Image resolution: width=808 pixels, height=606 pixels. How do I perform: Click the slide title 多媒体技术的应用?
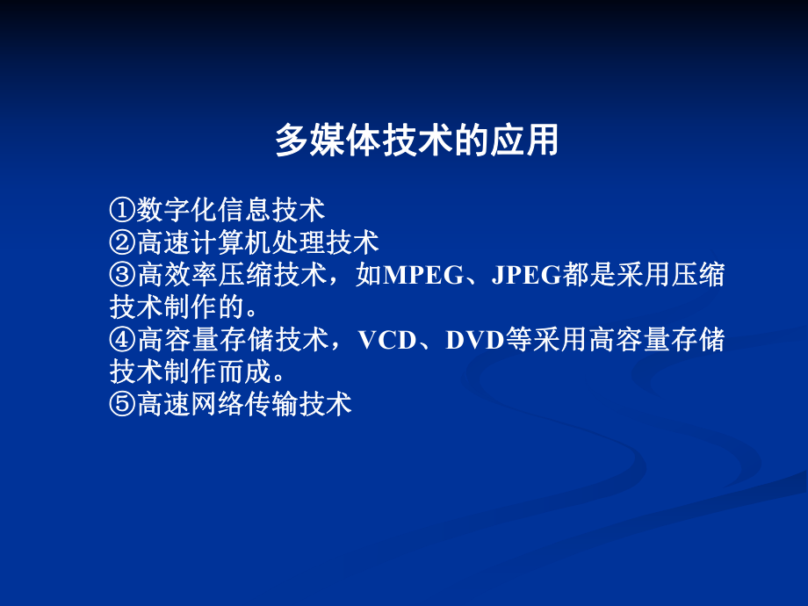416,141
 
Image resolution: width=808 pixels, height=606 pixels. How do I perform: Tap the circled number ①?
123,209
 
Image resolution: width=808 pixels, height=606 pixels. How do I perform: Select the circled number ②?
123,242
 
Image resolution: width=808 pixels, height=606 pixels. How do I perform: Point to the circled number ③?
123,275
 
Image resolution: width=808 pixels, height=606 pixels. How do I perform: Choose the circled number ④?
123,340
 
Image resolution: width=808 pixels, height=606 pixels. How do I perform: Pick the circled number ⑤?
123,405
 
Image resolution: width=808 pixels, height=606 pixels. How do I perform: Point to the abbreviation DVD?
473,340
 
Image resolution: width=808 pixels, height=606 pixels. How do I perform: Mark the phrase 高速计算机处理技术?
258,242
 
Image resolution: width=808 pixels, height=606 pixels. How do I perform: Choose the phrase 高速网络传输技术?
244,405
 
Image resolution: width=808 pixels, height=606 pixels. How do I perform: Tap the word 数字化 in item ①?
177,209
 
